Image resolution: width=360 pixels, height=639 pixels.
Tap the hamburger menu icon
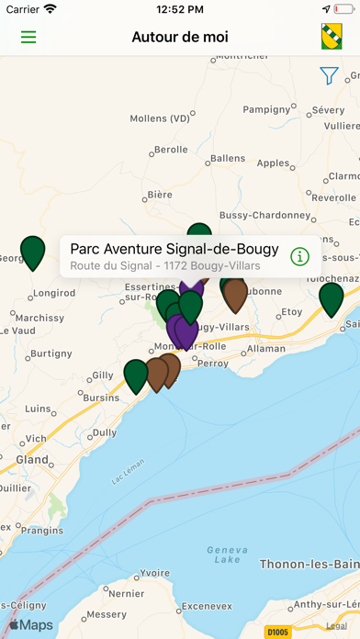pos(28,38)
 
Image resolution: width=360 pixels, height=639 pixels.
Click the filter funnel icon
pos(329,76)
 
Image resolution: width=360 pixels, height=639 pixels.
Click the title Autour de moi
pos(180,38)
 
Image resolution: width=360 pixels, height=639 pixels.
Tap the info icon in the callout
pos(299,256)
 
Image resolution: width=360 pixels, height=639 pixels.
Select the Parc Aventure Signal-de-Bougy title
pos(174,249)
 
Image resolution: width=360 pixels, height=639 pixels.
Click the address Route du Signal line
pos(165,265)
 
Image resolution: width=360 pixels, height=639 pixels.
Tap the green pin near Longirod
pos(33,252)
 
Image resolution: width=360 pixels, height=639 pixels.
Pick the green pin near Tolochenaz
pos(331,298)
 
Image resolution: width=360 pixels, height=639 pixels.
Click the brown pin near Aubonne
pos(236,295)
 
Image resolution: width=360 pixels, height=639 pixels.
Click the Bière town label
pos(160,195)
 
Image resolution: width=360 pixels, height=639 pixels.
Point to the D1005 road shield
pos(276,631)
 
